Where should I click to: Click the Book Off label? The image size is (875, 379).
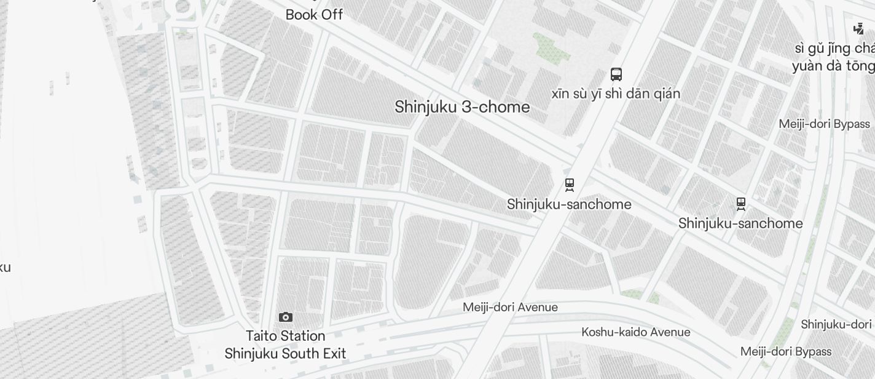click(x=314, y=15)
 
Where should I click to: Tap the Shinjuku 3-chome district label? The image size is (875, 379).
click(x=462, y=107)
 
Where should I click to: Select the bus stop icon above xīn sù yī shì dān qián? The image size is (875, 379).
click(x=616, y=74)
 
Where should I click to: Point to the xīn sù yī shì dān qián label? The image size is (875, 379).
click(x=616, y=94)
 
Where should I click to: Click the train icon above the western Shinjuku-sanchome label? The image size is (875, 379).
click(x=570, y=184)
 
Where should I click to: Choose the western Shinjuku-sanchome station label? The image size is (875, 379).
click(x=569, y=204)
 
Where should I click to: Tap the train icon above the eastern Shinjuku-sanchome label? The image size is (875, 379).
click(x=741, y=203)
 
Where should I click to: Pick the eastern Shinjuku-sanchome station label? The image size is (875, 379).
click(x=740, y=223)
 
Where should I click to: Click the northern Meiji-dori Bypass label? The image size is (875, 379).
click(x=825, y=124)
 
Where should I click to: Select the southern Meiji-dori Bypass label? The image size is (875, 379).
click(x=786, y=352)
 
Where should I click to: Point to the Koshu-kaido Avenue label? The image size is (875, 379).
click(x=636, y=332)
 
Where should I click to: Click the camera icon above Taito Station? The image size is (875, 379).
click(x=286, y=317)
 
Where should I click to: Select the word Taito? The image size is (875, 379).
click(x=261, y=336)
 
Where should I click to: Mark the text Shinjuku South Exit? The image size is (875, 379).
click(x=285, y=354)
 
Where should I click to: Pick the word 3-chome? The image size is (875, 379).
click(x=496, y=107)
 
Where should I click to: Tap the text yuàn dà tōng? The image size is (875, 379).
click(x=833, y=66)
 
